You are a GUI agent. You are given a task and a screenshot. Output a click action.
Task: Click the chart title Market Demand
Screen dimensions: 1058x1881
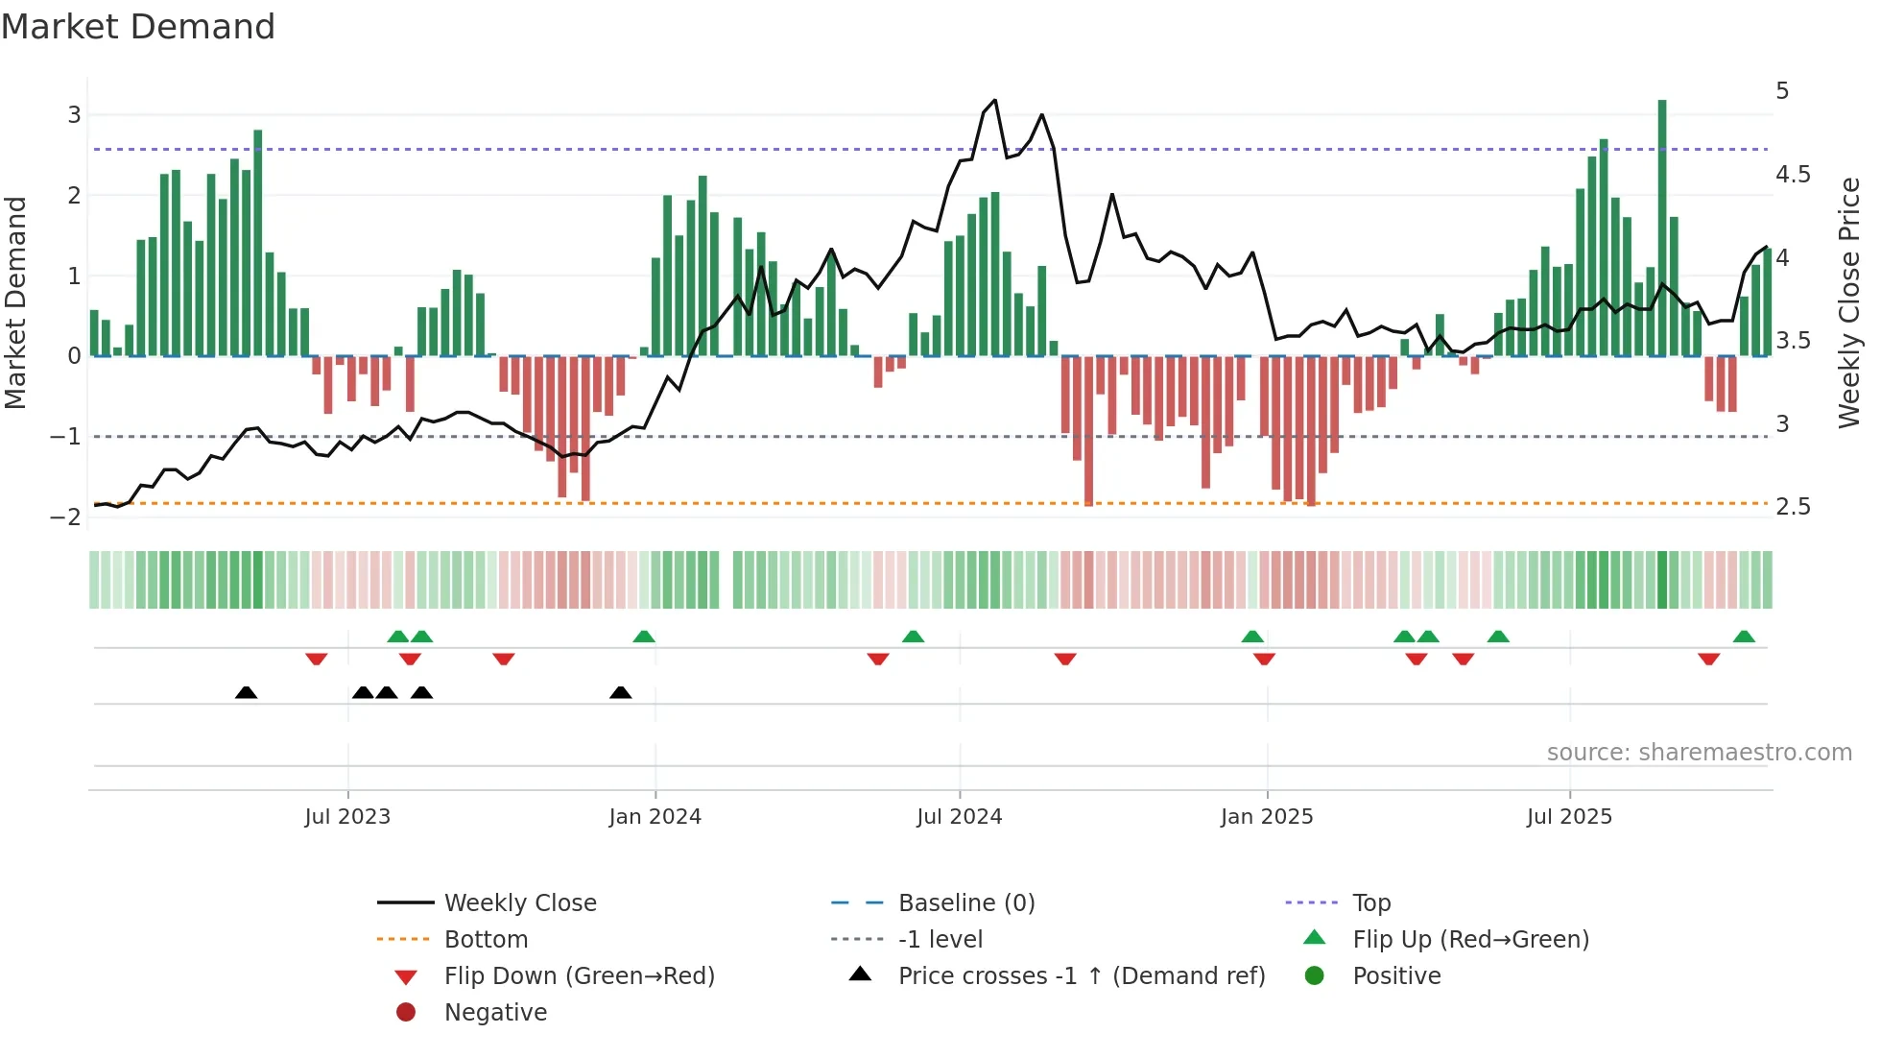(138, 27)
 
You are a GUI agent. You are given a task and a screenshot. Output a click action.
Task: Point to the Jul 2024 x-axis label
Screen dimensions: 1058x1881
(959, 817)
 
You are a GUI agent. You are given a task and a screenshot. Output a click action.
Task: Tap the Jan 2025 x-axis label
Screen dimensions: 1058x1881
(1267, 817)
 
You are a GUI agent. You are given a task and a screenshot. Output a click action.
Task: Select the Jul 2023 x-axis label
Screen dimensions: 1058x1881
(347, 817)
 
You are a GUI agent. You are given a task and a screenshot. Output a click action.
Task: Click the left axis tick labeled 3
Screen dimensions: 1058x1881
(74, 115)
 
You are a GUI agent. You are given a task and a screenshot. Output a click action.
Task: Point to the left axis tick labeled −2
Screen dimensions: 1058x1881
(66, 517)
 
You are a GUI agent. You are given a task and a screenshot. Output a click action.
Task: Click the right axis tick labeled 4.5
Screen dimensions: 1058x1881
(1793, 175)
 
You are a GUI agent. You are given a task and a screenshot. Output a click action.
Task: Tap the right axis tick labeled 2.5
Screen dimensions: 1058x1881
(1793, 507)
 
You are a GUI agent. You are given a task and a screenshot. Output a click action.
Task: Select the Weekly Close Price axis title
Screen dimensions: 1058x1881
(1849, 302)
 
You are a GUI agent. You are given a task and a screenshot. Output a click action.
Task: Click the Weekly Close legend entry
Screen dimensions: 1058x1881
(519, 903)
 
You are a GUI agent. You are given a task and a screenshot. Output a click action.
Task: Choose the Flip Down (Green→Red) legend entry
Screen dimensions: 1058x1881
(579, 976)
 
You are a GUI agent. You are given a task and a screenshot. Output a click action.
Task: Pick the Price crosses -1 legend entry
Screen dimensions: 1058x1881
(1081, 976)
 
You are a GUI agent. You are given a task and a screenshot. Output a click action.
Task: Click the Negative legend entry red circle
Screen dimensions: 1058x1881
(406, 1013)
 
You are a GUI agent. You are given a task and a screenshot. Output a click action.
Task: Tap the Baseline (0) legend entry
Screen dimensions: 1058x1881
(965, 903)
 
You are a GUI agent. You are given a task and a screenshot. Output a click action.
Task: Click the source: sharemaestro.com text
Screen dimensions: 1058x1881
(1699, 753)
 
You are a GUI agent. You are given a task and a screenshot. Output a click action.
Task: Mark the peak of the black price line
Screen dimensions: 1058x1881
(994, 100)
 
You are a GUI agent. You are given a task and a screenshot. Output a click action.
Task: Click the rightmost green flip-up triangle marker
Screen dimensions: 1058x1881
(1744, 637)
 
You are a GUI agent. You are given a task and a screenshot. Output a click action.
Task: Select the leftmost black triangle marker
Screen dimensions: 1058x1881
(246, 692)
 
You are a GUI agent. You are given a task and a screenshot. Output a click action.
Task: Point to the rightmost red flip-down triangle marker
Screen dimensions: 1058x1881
(1708, 659)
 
